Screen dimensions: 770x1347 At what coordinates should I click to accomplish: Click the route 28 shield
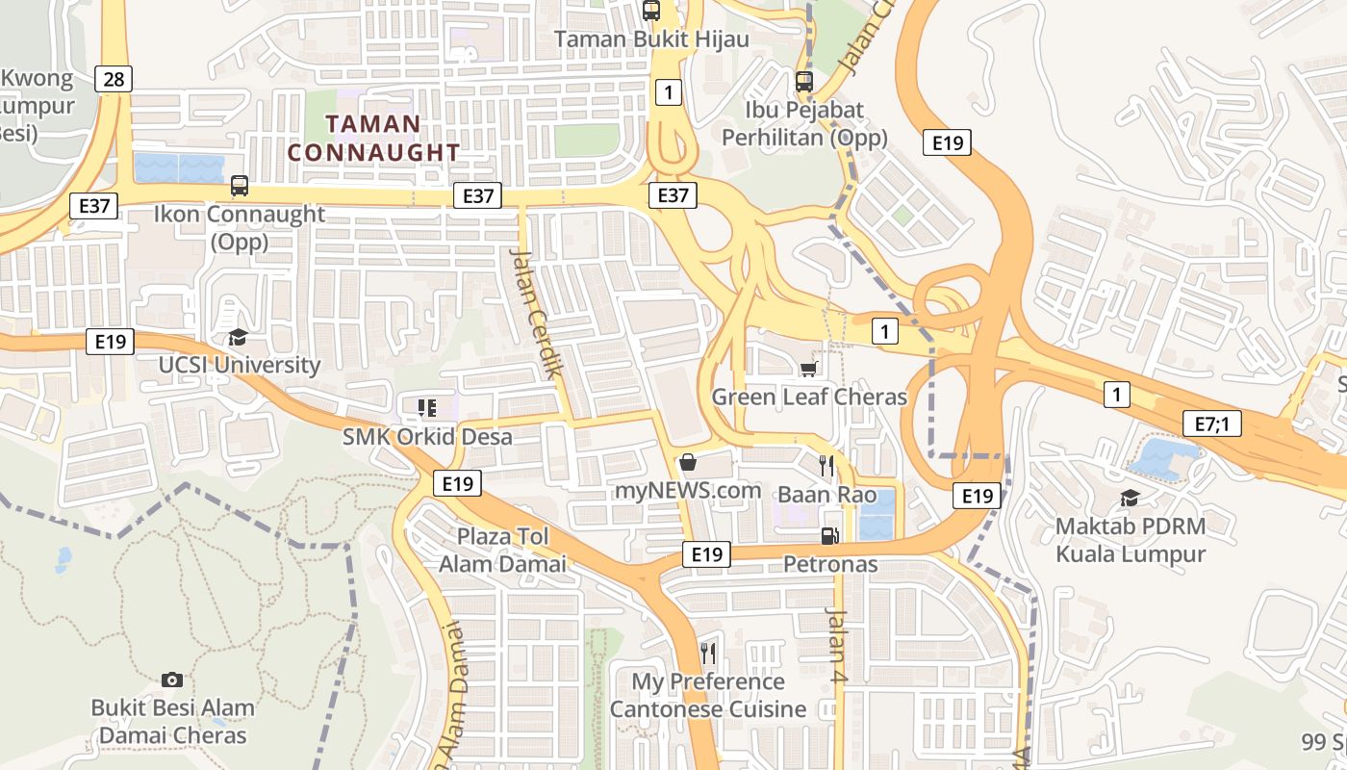tap(114, 79)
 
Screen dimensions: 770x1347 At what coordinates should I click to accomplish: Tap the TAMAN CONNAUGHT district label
tap(373, 138)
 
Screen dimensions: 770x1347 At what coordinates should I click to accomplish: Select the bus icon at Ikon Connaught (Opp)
tap(240, 185)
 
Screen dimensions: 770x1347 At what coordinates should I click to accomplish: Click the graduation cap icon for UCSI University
tap(238, 337)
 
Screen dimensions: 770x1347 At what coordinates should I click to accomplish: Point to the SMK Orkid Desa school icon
tap(426, 408)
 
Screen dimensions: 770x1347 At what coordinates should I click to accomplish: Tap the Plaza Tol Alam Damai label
tap(502, 550)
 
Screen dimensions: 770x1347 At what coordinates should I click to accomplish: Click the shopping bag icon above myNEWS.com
tap(688, 462)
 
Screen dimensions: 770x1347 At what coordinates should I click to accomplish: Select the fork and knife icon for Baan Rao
tap(826, 466)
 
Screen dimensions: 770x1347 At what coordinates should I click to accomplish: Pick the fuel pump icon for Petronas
tap(828, 535)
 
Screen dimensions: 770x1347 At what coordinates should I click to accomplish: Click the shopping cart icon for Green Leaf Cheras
tap(809, 369)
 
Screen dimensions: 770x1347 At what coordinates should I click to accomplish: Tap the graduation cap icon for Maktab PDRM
tap(1130, 498)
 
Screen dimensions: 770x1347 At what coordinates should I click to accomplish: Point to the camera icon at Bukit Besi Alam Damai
tap(172, 680)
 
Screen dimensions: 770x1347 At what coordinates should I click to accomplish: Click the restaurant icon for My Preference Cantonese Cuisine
tap(708, 654)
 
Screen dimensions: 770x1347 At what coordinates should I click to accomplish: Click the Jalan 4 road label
tap(837, 646)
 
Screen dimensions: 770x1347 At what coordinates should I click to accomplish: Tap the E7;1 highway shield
tap(1211, 423)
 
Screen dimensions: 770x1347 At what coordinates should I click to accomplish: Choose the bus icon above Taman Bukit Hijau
tap(651, 11)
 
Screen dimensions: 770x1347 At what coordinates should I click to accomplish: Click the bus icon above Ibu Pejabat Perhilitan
tap(804, 82)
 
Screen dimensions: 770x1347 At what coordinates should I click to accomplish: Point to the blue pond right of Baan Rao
tap(877, 515)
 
